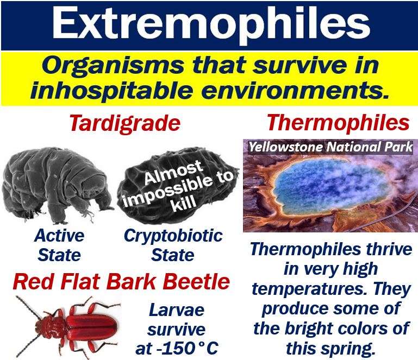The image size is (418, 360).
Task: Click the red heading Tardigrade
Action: coord(125,124)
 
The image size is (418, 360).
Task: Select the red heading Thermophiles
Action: coord(338,123)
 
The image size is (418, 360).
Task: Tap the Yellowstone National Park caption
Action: coord(331,147)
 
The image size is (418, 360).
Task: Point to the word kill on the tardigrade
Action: coord(183,204)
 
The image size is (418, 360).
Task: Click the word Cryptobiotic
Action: coord(173,236)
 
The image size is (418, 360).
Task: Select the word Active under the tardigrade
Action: coord(59,236)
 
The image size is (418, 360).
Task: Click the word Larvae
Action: coord(177,310)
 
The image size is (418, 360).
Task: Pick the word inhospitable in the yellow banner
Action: coord(111,91)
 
